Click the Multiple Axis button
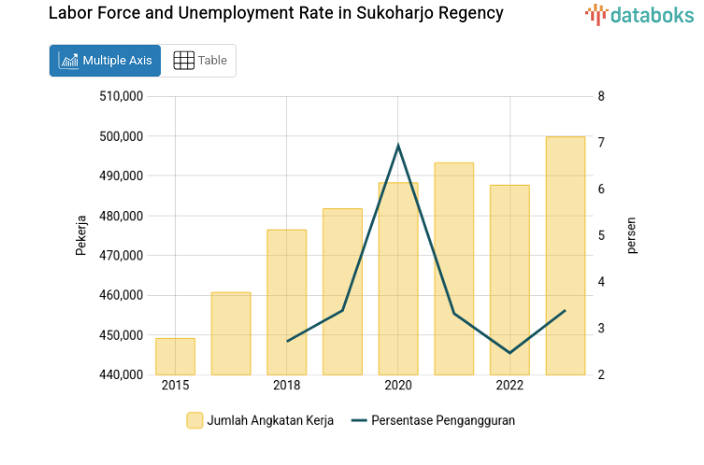coord(105,61)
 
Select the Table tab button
coord(199,61)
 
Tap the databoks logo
coord(639,14)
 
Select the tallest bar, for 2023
coord(565,256)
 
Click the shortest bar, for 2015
coord(175,357)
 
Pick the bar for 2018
coord(286,303)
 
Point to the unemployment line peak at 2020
coord(398,146)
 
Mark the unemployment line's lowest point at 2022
coord(510,353)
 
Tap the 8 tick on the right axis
coord(601,96)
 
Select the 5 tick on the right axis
coord(601,235)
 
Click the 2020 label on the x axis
coord(398,386)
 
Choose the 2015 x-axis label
coord(175,386)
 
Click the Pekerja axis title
coord(81,235)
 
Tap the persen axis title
coord(631,235)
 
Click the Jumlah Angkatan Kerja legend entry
coord(261,420)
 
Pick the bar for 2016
coord(231,333)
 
